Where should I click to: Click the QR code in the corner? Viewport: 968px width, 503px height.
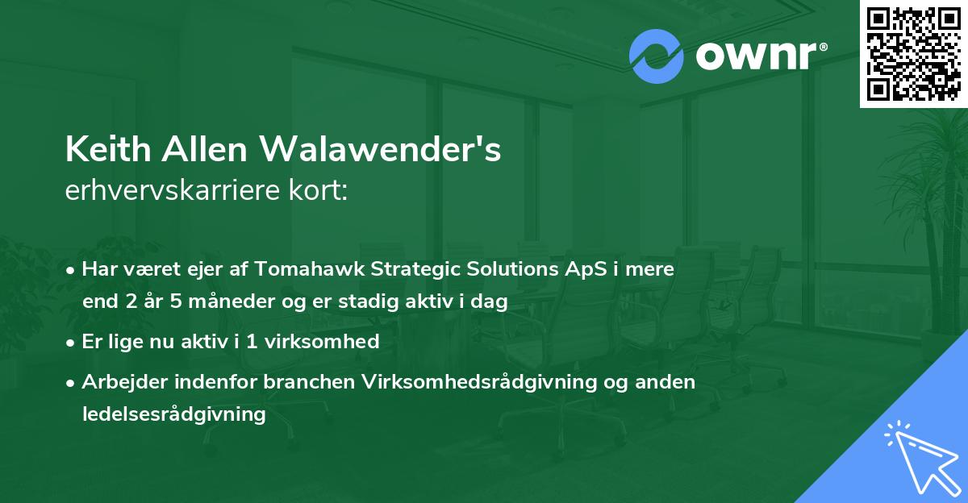click(x=913, y=53)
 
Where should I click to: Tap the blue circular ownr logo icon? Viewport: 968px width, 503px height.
click(x=657, y=56)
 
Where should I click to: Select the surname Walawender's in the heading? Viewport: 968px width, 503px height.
click(x=381, y=150)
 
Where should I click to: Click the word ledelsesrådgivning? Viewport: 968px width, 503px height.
click(x=173, y=414)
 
